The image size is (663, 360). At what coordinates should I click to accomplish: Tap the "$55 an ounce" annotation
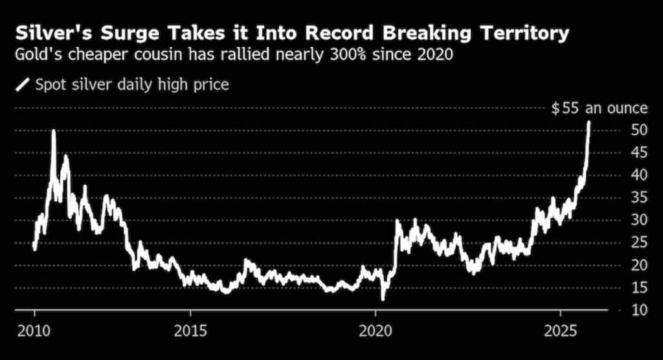click(x=599, y=108)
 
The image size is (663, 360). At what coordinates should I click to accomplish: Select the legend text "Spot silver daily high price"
click(x=132, y=84)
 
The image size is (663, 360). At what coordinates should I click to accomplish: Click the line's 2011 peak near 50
click(x=53, y=131)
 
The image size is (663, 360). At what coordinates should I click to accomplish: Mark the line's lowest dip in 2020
click(x=383, y=299)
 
